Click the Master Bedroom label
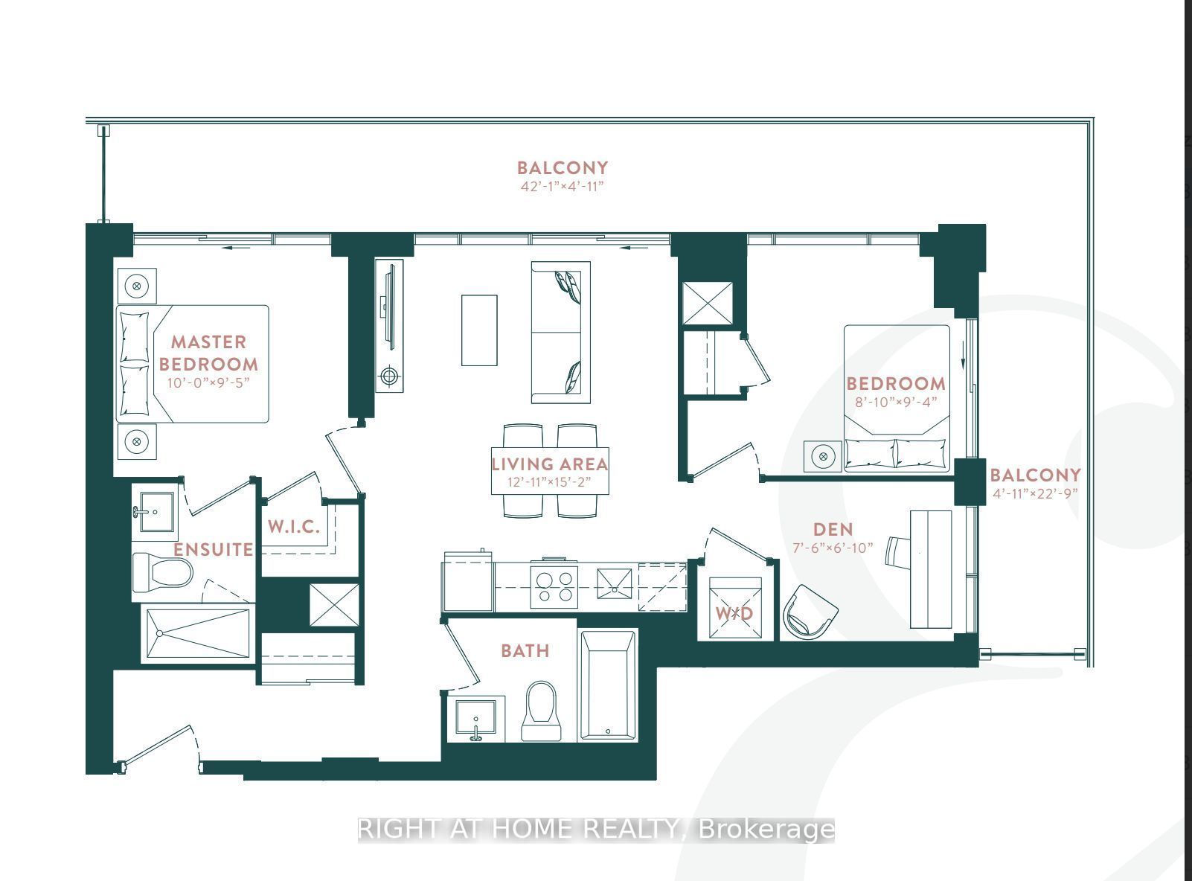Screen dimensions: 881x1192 [208, 353]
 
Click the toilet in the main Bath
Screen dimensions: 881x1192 [541, 711]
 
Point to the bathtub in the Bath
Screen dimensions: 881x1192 [608, 685]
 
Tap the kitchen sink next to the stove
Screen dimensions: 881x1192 [615, 588]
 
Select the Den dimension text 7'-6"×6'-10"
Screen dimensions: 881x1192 [833, 548]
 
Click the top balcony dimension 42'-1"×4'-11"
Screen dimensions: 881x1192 [562, 186]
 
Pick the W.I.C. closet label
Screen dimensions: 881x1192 [294, 527]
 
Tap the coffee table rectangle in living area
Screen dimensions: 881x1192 [479, 330]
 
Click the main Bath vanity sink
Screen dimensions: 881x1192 [476, 719]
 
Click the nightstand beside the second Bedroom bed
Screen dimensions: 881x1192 [823, 455]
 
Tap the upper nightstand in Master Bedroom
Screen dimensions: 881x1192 [136, 286]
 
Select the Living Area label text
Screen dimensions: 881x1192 [550, 464]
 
